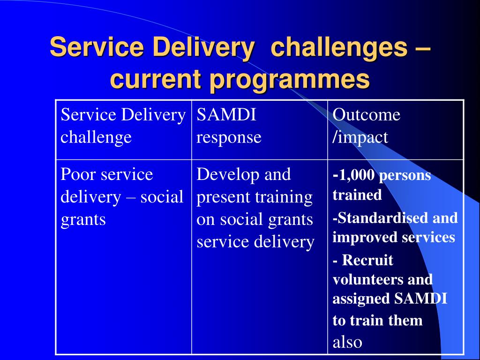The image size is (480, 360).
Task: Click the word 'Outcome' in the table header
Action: tap(367, 115)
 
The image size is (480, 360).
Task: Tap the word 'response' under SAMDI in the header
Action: tap(229, 137)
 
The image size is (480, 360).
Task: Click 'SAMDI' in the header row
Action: tap(226, 115)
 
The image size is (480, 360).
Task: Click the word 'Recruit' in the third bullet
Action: tap(367, 260)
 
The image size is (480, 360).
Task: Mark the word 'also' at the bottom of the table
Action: tap(347, 342)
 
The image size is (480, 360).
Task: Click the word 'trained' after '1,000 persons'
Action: tap(357, 195)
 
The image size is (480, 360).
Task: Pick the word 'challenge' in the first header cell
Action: tap(96, 137)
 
